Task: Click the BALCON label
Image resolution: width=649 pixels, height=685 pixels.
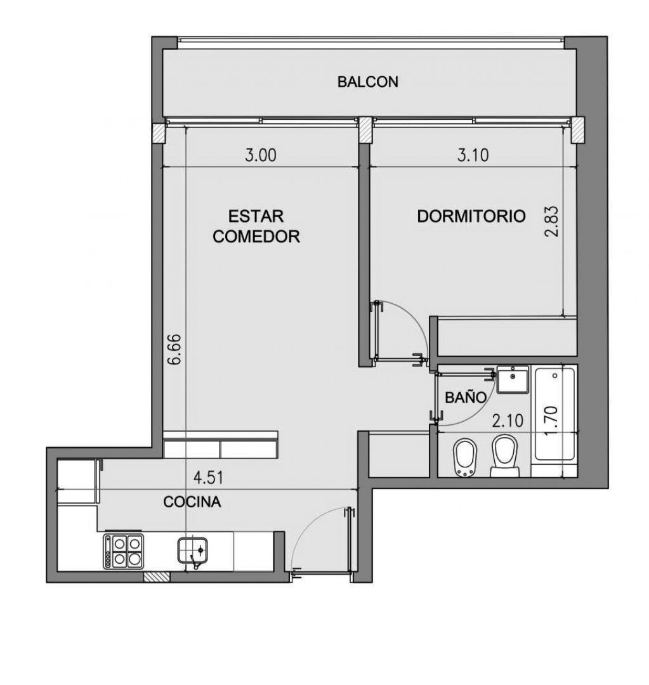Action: pos(367,82)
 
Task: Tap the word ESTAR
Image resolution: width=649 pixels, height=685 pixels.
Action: pos(256,216)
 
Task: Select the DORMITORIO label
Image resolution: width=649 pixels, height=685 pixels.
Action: pos(471,216)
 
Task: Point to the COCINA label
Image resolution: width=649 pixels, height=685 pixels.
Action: pos(192,502)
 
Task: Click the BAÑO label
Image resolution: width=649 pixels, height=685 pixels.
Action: pos(466,397)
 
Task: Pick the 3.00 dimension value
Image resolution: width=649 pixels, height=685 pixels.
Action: pos(261,155)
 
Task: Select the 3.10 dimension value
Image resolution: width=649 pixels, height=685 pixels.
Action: pos(473,155)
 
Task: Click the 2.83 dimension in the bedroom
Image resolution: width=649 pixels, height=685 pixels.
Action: pos(551,221)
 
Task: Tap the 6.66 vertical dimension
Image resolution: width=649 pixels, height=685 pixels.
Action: pos(174,349)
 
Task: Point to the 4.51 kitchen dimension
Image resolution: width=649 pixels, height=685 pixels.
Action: pos(209,478)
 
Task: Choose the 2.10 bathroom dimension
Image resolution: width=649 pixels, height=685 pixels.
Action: pos(508,421)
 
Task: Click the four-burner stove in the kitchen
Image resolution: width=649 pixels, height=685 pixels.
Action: pos(124,551)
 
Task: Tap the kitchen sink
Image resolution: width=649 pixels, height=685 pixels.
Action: pos(192,551)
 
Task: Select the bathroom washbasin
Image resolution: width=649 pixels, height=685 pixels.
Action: pos(512,379)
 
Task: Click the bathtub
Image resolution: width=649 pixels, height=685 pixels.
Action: pos(554,414)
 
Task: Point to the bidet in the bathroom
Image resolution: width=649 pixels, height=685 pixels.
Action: pos(464,457)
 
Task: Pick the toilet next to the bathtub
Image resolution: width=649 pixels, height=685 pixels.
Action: pos(504,455)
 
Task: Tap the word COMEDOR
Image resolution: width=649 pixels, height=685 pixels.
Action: pos(256,237)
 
